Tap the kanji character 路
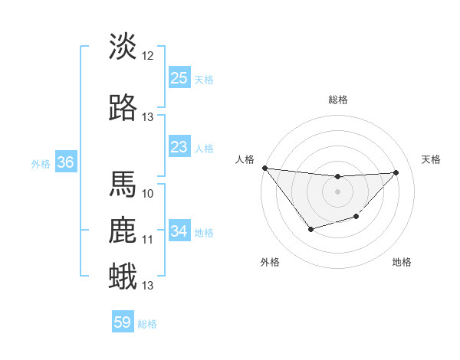pos(123,108)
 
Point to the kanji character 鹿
pos(123,231)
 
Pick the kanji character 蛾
pos(123,276)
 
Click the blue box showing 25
pos(179,78)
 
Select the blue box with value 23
pos(179,147)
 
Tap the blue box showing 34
pos(179,231)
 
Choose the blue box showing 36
pos(65,162)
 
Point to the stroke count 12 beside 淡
pos(148,56)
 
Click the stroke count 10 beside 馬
pos(148,193)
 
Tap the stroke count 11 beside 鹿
pos(148,240)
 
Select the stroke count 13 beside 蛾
pos(148,286)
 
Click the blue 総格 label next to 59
pos(147,324)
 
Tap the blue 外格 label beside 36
pos(41,163)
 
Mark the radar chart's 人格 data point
pos(264,168)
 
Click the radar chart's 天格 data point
pos(396,172)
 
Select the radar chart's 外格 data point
pos(310,229)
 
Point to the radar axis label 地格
pos(402,262)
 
